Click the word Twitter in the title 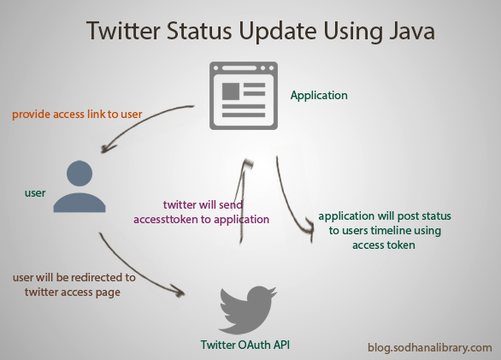[x=123, y=31]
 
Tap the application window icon [x=244, y=96]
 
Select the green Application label [x=319, y=95]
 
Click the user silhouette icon [x=80, y=186]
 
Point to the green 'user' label [x=35, y=193]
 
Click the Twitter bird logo [x=247, y=310]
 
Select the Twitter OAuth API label [x=245, y=345]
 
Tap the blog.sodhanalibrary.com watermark [x=430, y=347]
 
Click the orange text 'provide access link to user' [x=77, y=114]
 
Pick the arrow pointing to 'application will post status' [x=289, y=204]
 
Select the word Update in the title [x=278, y=32]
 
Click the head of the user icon [x=80, y=174]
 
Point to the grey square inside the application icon [x=231, y=91]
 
